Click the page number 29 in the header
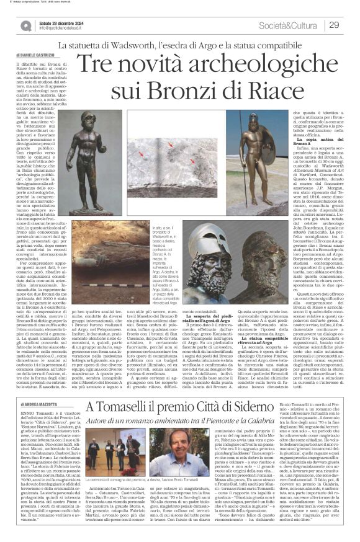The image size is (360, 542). [x=334, y=24]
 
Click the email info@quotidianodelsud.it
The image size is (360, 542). [x=63, y=28]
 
